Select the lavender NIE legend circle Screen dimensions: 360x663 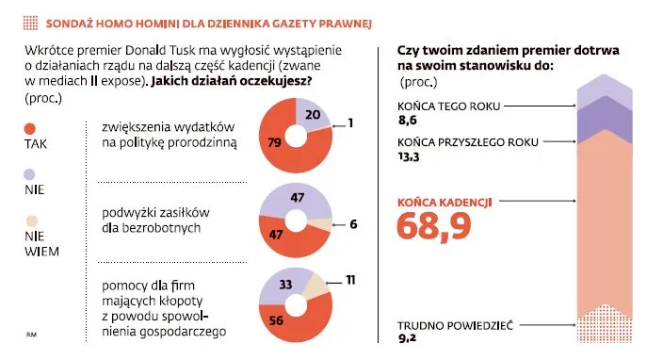[x=28, y=173]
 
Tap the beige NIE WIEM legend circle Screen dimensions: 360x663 [x=29, y=221]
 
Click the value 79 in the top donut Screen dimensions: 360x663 [x=276, y=143]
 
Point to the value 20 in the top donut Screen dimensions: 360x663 [x=314, y=114]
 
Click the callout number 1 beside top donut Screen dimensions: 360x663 [x=349, y=123]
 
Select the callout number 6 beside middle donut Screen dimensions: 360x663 [x=352, y=224]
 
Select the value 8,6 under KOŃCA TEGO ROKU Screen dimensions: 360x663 [x=408, y=121]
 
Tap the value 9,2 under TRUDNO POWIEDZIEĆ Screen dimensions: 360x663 [x=408, y=339]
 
